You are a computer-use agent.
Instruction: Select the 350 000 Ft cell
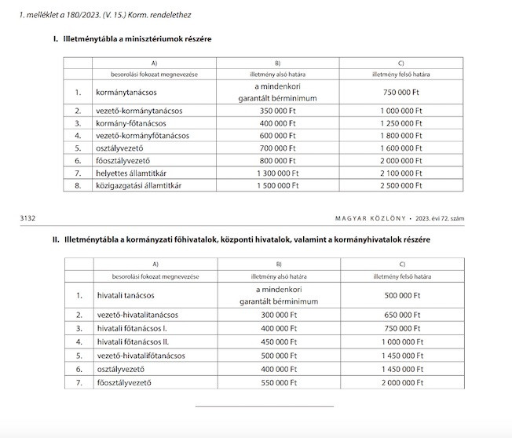point(277,111)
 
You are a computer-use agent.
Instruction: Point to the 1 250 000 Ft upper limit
point(400,123)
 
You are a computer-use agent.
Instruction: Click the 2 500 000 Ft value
point(400,185)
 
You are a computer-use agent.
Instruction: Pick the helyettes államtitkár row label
point(134,173)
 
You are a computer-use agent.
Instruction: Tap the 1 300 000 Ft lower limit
point(277,173)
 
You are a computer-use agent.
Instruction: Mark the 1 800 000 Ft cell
point(400,136)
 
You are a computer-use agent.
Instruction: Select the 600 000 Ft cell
point(277,136)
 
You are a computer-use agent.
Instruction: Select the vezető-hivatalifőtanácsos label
point(141,355)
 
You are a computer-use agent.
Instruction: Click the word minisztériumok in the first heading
point(158,38)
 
